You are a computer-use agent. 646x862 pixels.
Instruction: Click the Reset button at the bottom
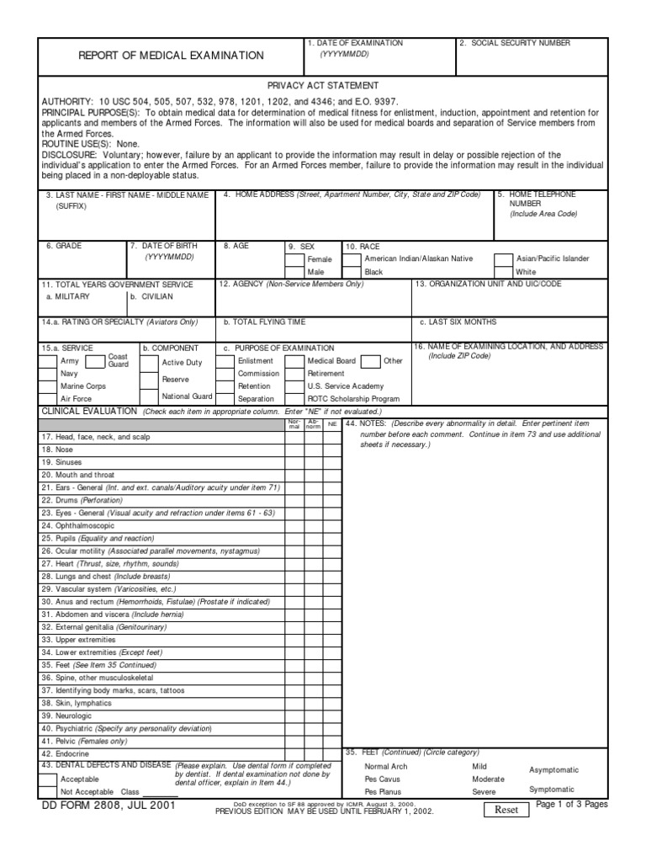tap(506, 809)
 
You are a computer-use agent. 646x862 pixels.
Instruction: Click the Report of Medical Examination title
tap(171, 56)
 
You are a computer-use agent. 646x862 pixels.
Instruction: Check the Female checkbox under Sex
tap(294, 259)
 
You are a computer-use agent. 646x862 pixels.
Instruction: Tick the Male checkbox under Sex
tap(294, 273)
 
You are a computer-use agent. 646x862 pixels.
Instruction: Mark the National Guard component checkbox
tap(149, 396)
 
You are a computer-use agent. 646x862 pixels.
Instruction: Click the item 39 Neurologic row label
tap(69, 715)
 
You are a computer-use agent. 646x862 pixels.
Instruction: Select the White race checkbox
tap(503, 273)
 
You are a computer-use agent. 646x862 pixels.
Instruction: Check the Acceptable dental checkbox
tap(49, 780)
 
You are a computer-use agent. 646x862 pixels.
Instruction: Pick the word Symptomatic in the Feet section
tap(551, 789)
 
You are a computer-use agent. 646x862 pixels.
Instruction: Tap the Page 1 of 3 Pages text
tap(571, 805)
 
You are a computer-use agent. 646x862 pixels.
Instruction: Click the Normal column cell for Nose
tap(294, 450)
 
